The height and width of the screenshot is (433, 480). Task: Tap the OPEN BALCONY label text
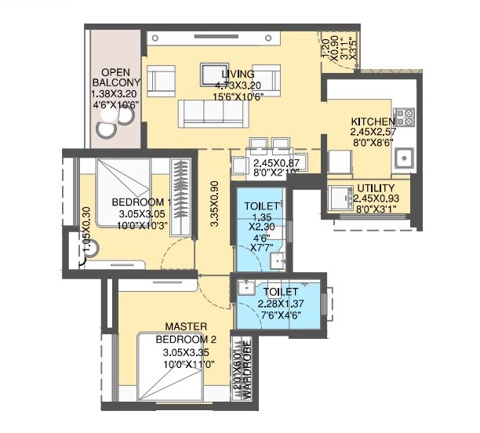point(116,76)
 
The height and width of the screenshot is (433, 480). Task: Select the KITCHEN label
point(373,122)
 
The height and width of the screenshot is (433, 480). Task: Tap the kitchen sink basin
point(406,158)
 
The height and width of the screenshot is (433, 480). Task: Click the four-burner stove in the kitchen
point(404,118)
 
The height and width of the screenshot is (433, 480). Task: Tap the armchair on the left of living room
point(161,81)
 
